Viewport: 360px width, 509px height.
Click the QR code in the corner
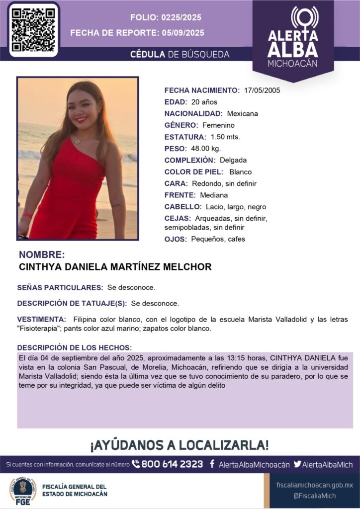pyautogui.click(x=33, y=29)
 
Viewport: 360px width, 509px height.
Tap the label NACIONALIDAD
pyautogui.click(x=194, y=113)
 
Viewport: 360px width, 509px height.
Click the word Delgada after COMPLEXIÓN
pyautogui.click(x=233, y=160)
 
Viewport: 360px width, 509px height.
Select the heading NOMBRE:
pyautogui.click(x=42, y=254)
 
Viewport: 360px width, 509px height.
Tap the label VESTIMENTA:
pyautogui.click(x=41, y=319)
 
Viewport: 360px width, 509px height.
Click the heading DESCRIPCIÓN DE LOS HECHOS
pyautogui.click(x=74, y=347)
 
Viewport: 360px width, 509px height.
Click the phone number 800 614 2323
pyautogui.click(x=172, y=464)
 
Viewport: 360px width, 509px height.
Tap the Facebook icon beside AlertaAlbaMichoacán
pyautogui.click(x=212, y=464)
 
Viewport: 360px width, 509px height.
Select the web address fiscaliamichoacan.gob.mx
pyautogui.click(x=314, y=485)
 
